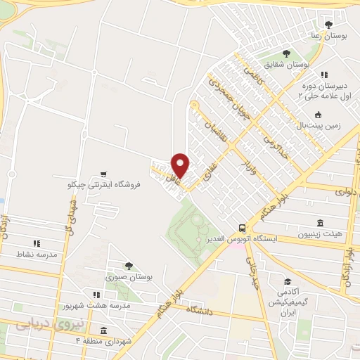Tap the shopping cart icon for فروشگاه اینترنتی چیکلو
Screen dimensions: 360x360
(104, 174)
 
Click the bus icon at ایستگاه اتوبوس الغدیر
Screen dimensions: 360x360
(242, 228)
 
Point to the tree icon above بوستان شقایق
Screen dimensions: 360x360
(285, 53)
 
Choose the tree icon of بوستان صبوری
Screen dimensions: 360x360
(128, 266)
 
